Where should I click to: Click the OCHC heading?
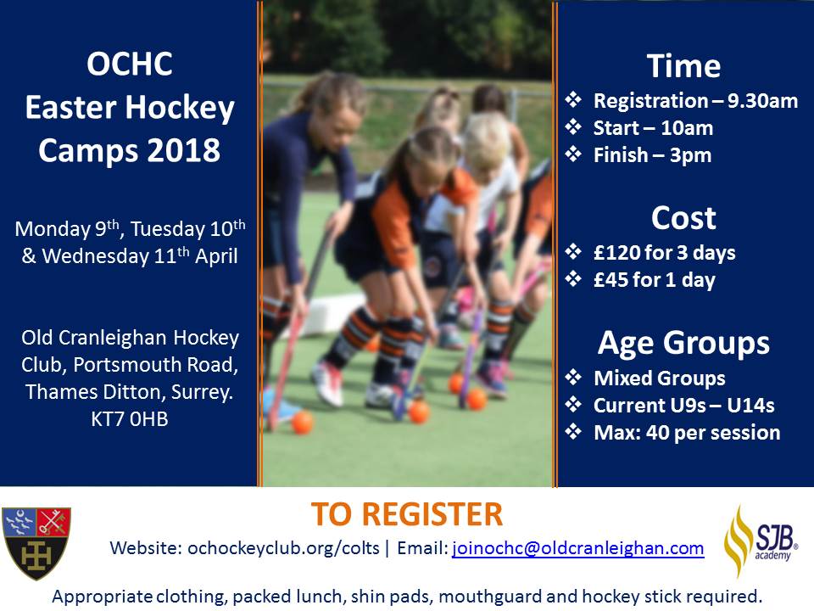(x=130, y=64)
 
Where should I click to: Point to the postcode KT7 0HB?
(x=130, y=418)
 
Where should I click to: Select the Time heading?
(x=683, y=66)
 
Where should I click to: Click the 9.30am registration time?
(x=762, y=101)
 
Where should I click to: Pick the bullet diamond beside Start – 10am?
(x=573, y=126)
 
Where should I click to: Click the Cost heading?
(x=683, y=218)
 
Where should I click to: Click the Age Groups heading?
(x=683, y=344)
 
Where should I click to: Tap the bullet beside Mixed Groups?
(x=573, y=377)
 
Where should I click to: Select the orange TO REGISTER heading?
(x=407, y=514)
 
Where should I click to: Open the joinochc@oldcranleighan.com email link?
(x=577, y=548)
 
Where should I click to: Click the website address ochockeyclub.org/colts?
(x=283, y=548)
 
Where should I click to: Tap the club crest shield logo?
(x=36, y=543)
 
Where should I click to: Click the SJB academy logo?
(x=761, y=541)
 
